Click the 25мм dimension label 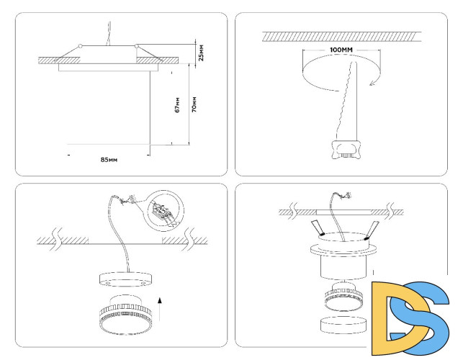click(201, 53)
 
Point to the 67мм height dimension click(177, 106)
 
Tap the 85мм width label click(109, 158)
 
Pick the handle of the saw click(346, 150)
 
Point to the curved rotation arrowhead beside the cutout click(372, 83)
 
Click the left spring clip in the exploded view click(318, 229)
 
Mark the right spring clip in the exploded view click(372, 230)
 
